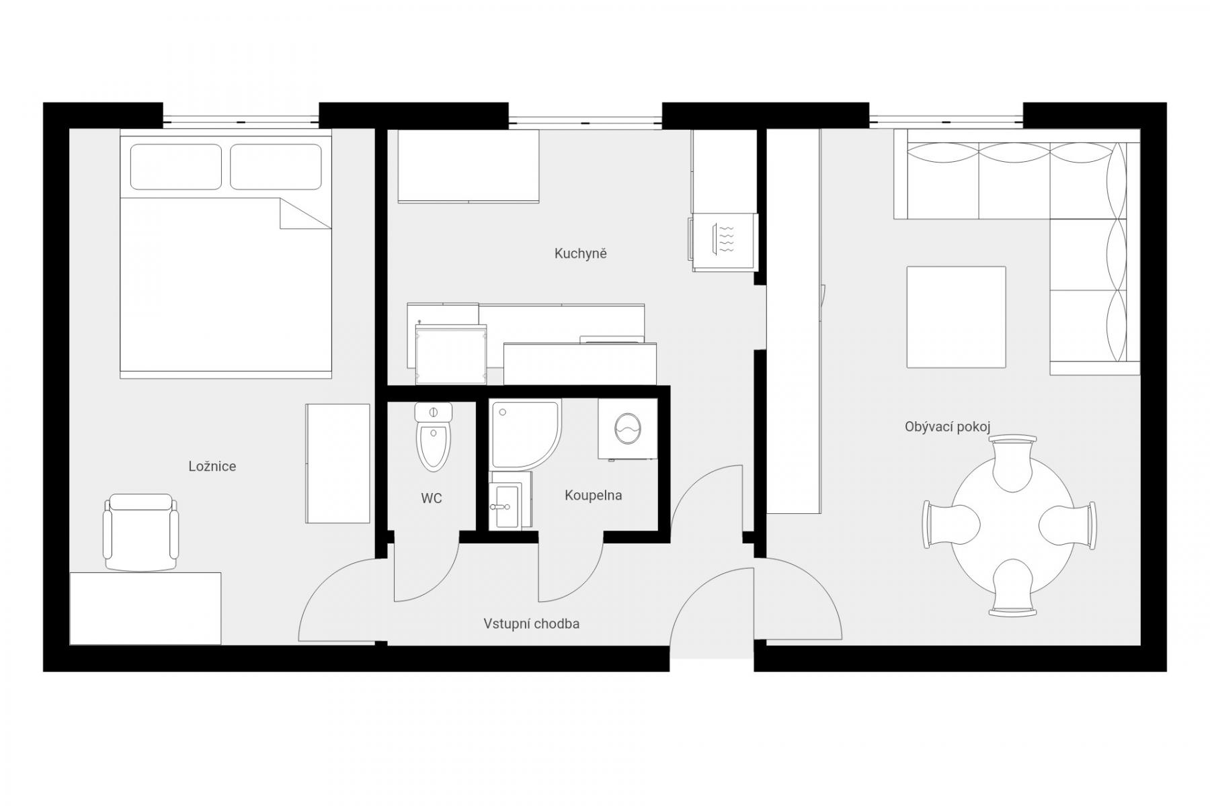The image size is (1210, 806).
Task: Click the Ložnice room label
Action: [212, 466]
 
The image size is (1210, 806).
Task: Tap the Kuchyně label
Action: [581, 254]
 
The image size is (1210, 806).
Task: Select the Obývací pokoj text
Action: [948, 427]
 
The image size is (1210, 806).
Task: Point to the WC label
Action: [432, 498]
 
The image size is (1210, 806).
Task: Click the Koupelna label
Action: [594, 496]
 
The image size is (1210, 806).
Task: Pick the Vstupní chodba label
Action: [532, 624]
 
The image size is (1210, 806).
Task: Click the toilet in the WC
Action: [435, 437]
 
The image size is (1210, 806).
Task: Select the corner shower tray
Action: [526, 434]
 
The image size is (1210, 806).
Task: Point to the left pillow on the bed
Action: [176, 167]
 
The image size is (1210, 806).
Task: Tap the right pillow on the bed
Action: [276, 167]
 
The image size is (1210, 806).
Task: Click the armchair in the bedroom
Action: [141, 532]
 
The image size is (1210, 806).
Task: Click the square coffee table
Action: [956, 317]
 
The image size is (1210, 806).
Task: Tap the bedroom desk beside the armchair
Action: [145, 609]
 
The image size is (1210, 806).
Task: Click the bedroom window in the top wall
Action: [241, 121]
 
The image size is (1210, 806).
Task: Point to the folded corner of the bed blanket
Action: [304, 214]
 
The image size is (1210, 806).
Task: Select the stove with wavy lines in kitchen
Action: [725, 242]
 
